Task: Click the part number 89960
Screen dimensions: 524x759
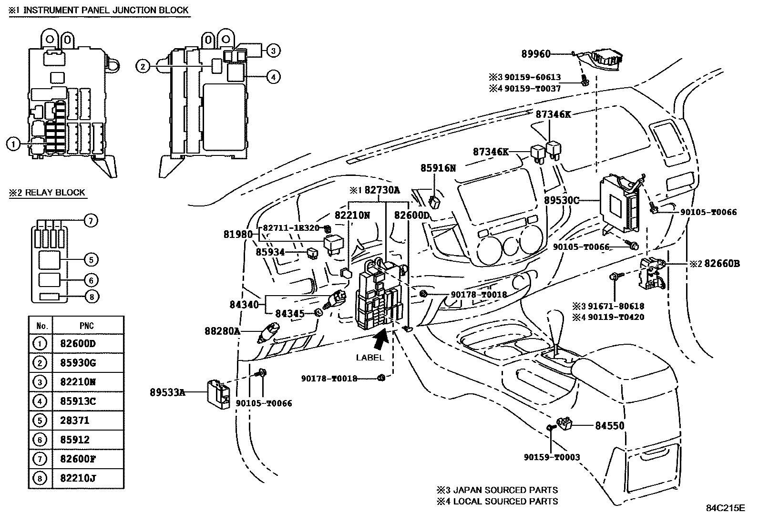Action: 535,54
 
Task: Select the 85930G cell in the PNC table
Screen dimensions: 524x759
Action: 78,363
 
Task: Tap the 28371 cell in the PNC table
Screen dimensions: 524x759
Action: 74,421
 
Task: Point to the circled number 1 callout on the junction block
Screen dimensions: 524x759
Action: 14,143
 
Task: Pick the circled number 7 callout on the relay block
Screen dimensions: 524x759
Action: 91,220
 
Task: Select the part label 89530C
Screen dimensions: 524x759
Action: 562,200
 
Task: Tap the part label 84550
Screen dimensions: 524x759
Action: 609,426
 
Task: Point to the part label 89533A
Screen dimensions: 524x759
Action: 167,392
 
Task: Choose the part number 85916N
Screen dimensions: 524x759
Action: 438,168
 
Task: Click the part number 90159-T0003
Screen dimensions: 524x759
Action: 552,457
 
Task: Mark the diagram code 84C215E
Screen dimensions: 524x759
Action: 725,508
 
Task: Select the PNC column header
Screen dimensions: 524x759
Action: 87,326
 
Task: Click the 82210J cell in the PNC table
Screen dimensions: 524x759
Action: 78,478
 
